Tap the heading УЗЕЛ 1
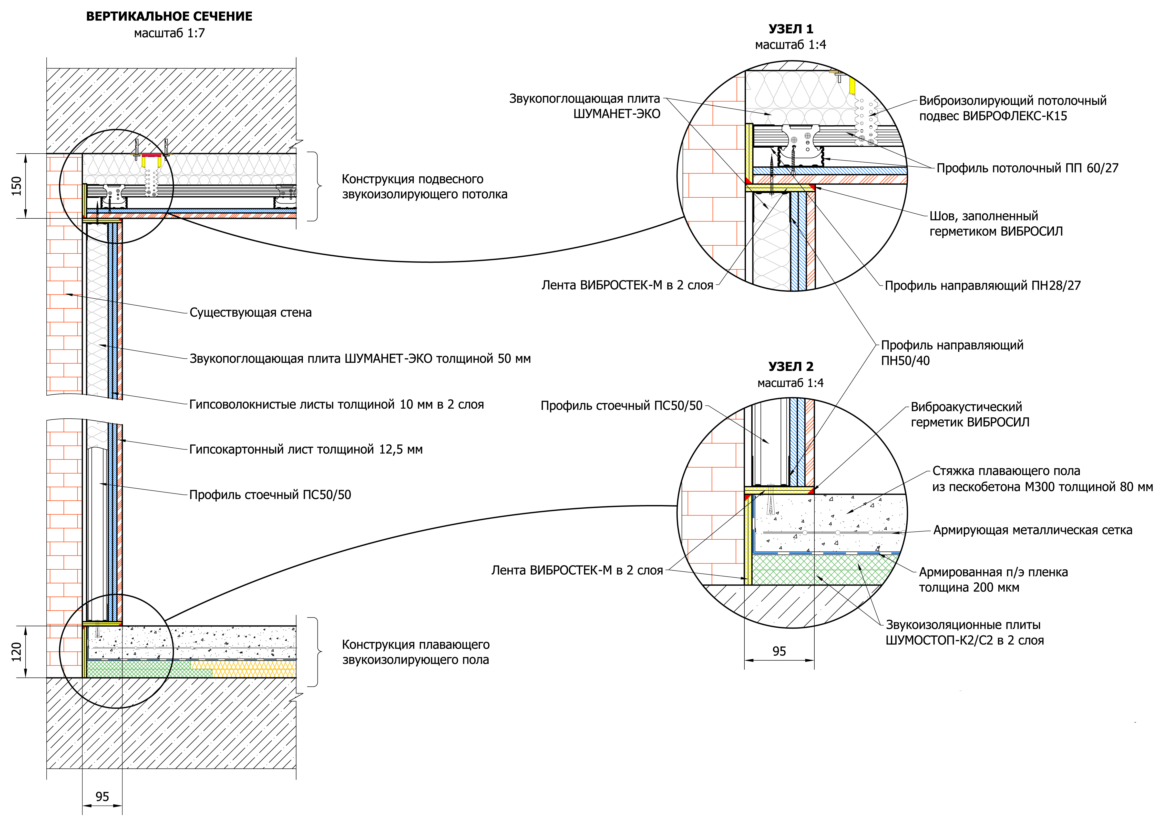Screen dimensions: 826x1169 tap(791, 29)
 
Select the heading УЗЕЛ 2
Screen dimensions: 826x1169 tap(791, 367)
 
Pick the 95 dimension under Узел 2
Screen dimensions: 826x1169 tap(779, 651)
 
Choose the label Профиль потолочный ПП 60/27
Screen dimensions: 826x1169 tap(1028, 168)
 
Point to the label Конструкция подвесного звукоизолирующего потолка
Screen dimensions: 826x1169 tap(424, 187)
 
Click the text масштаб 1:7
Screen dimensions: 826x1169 tap(169, 34)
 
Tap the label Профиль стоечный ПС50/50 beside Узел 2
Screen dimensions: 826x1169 tap(621, 406)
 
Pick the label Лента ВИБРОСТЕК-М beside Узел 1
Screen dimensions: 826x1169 tap(627, 286)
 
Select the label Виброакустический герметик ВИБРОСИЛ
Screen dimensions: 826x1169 tap(970, 415)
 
